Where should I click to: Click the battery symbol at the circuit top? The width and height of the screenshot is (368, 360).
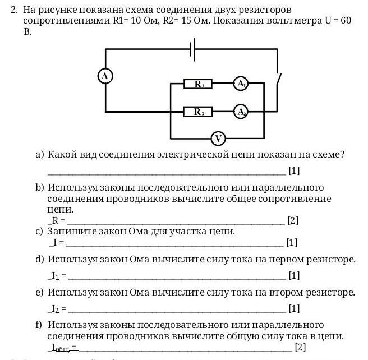click(193, 49)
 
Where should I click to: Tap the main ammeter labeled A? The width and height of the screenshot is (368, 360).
click(105, 76)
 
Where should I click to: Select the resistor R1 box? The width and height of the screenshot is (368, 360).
click(198, 84)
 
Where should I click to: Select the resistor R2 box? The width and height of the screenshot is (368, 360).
click(198, 112)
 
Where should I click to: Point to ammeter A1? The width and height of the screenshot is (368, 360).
click(241, 84)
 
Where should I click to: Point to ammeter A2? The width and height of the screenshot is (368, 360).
click(241, 112)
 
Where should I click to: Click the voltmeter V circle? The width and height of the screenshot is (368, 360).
click(218, 138)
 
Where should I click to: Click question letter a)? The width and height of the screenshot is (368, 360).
click(40, 154)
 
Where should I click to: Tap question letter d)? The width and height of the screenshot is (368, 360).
click(40, 260)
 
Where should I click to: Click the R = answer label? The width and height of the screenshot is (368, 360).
click(59, 221)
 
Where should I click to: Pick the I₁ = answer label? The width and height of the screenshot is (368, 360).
click(59, 276)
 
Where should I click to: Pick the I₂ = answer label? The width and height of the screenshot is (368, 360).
click(59, 309)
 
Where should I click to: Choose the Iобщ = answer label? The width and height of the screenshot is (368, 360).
click(64, 348)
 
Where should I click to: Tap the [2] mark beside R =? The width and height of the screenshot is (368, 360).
click(292, 221)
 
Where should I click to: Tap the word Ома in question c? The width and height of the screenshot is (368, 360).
click(142, 232)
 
